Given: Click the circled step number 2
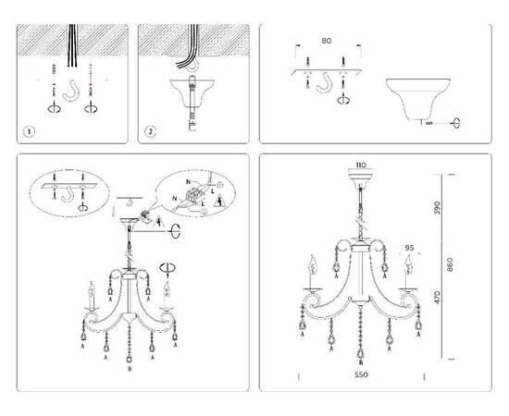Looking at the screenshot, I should [150, 130].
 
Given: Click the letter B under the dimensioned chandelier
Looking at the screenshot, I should [360, 364].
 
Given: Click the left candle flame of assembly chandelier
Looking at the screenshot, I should [92, 287].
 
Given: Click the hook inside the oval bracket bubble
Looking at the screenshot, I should [68, 195].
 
